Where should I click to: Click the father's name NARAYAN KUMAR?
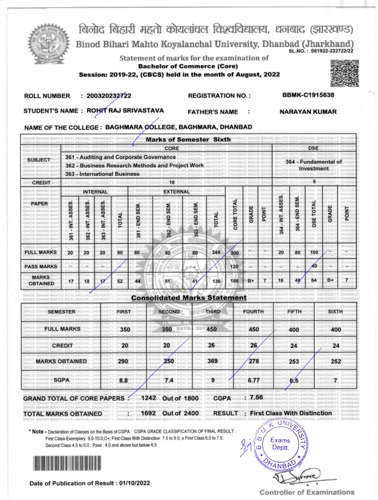[x=308, y=112]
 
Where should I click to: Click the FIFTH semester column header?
[x=296, y=311]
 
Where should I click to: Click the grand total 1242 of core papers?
[x=149, y=397]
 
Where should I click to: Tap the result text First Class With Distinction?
[x=298, y=413]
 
